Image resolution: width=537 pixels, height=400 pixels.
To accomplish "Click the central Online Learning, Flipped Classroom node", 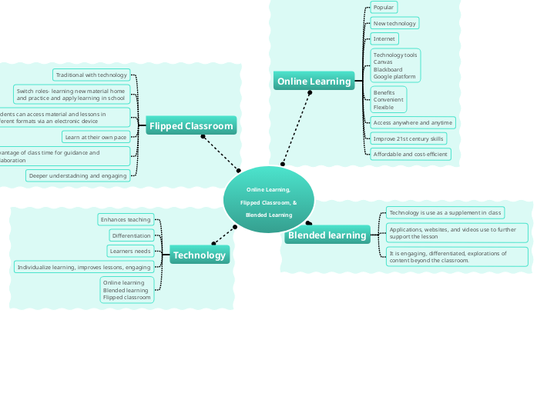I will [268, 202].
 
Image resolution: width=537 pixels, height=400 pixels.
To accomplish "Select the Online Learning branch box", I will [313, 81].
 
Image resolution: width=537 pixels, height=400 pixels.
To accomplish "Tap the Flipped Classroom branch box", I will [190, 125].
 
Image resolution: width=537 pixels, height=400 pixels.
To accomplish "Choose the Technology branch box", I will [199, 255].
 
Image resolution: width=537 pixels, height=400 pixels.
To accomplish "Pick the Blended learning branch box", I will [327, 235].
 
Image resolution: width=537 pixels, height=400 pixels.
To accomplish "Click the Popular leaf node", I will [383, 7].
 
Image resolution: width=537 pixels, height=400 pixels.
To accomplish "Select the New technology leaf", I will [394, 23].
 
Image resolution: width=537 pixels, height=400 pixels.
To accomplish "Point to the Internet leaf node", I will [384, 38].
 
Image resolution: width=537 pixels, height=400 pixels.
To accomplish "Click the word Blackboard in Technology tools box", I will [388, 69].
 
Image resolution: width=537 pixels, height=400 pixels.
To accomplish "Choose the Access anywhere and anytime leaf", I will [412, 122].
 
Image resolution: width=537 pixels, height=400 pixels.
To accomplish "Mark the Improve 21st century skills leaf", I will [408, 138].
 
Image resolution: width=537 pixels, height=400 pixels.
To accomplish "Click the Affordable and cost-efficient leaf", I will [410, 154].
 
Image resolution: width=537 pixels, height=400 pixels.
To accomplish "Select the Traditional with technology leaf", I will [91, 75].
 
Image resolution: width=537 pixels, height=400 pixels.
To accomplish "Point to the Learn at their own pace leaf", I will [96, 137].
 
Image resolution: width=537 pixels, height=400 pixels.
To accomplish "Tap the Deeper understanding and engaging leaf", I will [77, 175].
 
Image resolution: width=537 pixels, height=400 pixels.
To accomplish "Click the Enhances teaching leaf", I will [126, 219].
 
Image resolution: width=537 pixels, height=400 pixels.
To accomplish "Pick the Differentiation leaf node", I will [131, 235].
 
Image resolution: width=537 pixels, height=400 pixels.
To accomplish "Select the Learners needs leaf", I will [129, 251].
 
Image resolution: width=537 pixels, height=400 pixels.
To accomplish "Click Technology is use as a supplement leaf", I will [445, 212].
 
